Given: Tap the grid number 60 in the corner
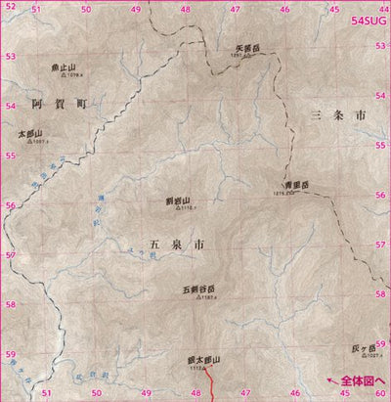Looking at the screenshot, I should coord(379,395).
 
